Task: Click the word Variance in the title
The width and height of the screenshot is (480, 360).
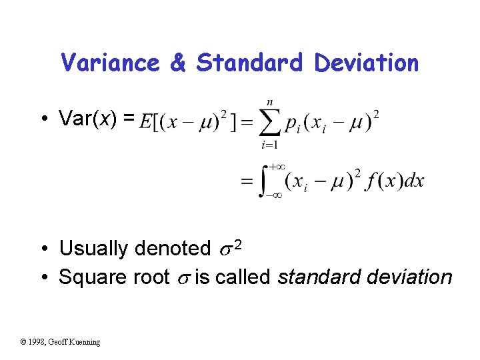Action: (x=110, y=63)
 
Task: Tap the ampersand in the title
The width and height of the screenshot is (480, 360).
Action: (x=177, y=63)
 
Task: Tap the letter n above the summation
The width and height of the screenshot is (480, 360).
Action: (x=269, y=102)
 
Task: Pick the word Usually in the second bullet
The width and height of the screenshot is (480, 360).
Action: (x=93, y=249)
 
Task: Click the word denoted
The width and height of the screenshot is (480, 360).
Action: (x=172, y=249)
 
